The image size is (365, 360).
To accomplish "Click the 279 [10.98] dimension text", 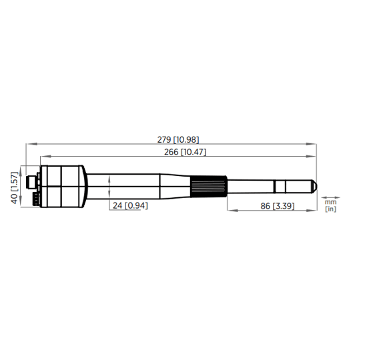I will tap(177, 139).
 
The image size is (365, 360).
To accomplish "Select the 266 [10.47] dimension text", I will tap(184, 152).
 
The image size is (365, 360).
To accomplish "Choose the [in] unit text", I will tap(330, 209).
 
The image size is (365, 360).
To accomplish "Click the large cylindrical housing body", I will tap(63, 186).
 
